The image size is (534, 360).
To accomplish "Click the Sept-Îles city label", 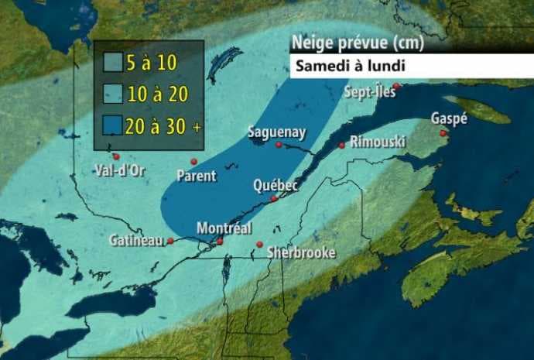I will pos(370,92).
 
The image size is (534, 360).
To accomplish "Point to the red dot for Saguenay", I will pos(279,145).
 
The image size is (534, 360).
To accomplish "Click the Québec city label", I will pos(276,186).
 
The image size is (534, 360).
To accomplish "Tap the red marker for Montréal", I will pos(220,242).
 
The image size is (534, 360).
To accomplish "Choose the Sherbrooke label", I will pos(301,252).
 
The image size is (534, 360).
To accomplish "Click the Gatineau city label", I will pos(136,241).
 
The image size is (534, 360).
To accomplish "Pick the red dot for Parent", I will pos(194,161).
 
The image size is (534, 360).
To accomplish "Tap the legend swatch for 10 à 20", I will pos(113,95).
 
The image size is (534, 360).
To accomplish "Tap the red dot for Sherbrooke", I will pos(259,245).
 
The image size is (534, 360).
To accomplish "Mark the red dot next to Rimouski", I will pos(341,145).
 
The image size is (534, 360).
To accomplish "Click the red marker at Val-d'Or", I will pos(116,156).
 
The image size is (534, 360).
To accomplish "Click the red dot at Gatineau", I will pos(169,241).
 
